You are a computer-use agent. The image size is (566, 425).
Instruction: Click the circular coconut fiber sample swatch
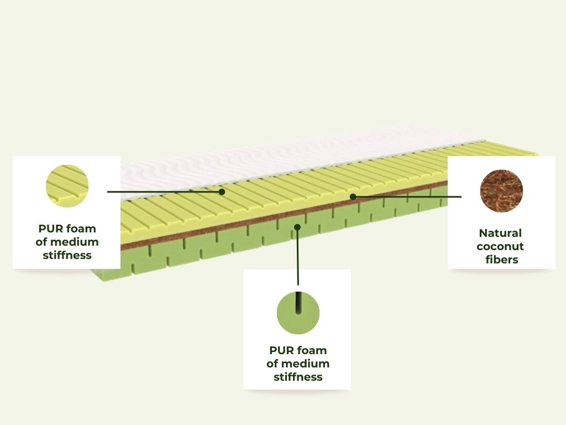(x=501, y=191)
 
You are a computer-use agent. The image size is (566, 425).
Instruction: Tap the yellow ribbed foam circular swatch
(x=67, y=186)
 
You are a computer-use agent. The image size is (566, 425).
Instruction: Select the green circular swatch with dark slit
(x=298, y=313)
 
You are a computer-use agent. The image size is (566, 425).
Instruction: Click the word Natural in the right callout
(x=500, y=233)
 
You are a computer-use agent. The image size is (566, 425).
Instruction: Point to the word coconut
(x=500, y=246)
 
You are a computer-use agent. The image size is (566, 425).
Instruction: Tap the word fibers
(x=502, y=260)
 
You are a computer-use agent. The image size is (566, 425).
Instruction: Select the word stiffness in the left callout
(x=67, y=255)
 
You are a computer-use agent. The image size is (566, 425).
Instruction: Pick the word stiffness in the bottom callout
(x=298, y=377)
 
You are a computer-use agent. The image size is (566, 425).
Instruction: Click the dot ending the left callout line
(x=222, y=191)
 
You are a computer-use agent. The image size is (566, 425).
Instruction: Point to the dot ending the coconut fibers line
(x=353, y=196)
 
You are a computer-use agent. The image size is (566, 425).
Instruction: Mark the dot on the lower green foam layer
(x=297, y=227)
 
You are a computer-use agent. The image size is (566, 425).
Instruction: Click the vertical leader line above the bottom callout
(x=298, y=256)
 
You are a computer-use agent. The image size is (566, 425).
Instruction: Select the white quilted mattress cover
(x=289, y=159)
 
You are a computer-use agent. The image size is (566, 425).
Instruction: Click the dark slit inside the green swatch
(x=298, y=303)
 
